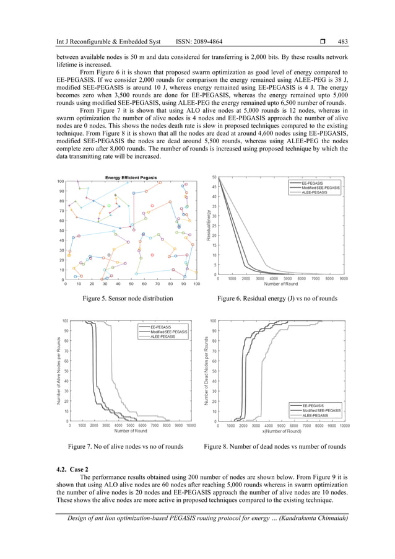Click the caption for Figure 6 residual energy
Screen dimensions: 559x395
pos(277,299)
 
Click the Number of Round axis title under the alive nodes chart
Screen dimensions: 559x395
pos(130,431)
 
